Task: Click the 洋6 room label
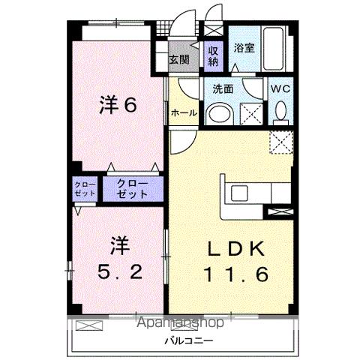coord(117,106)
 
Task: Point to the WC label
coord(280,88)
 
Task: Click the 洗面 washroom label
coord(223,88)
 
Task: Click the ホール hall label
coord(184,112)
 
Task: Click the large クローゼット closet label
coord(133,188)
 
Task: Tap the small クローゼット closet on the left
coord(85,188)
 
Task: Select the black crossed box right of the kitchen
coord(279,212)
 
